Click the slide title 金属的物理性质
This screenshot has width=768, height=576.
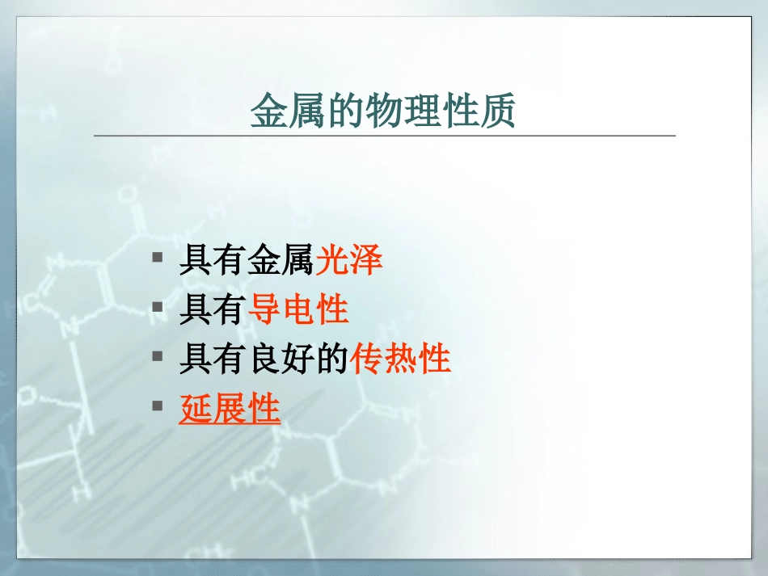[382, 111]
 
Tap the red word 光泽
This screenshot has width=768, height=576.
[348, 259]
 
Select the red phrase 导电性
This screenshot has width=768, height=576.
[298, 309]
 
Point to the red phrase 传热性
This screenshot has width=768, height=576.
[400, 359]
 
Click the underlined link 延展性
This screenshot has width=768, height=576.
[230, 408]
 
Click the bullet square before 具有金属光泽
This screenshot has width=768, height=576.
[157, 258]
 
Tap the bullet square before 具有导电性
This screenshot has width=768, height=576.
[157, 307]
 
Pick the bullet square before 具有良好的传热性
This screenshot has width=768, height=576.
[157, 356]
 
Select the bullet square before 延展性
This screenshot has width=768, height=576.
[157, 406]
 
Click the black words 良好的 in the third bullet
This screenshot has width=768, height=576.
[299, 359]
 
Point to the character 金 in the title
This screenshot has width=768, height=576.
[269, 111]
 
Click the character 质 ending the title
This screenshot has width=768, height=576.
[497, 111]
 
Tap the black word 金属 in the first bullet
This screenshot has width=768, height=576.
[281, 259]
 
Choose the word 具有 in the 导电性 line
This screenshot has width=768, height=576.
[212, 309]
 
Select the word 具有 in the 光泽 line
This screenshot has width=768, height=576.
[212, 259]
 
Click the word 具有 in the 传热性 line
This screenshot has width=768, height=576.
[212, 359]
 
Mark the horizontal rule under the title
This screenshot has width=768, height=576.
[385, 135]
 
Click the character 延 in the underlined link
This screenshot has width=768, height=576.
[196, 408]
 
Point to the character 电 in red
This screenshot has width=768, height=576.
[298, 309]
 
